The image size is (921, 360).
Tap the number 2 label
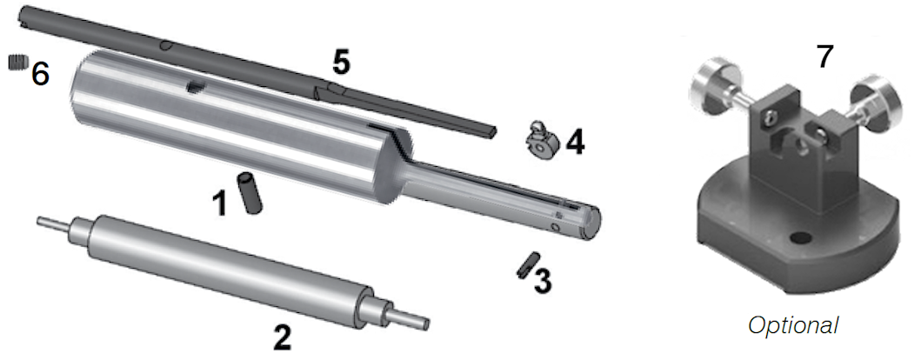tap(282, 337)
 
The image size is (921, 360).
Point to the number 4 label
tap(575, 143)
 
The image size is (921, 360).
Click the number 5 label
tap(341, 63)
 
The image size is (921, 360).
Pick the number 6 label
tap(40, 74)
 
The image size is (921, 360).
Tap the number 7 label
tap(824, 57)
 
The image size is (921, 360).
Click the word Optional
tap(793, 325)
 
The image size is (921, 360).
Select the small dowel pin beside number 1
tap(250, 193)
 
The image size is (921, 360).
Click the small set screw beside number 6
tap(19, 61)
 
